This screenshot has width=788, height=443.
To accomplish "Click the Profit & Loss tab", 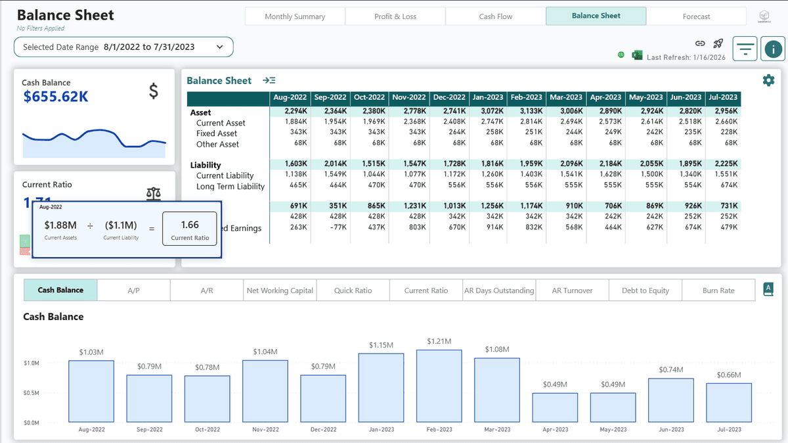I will [x=395, y=16].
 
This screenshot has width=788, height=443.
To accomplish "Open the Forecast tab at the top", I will [x=695, y=16].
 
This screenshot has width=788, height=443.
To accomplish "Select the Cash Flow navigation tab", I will [x=495, y=16].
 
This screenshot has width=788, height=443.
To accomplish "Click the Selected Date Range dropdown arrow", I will [x=220, y=47].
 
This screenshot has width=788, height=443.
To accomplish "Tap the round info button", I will [x=773, y=49].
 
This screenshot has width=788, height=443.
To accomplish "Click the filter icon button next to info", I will [x=745, y=49].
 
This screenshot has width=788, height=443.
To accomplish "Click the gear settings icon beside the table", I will [x=768, y=80].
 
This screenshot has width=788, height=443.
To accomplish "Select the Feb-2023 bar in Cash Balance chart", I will [x=439, y=386].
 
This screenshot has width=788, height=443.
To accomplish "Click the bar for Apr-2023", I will [x=555, y=407].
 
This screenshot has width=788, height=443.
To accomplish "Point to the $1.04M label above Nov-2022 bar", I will [x=265, y=352].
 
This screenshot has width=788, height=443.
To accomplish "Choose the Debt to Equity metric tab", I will [x=645, y=290].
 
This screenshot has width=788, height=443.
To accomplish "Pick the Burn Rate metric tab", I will [x=718, y=290].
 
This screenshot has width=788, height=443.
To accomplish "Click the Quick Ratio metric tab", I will [x=353, y=290].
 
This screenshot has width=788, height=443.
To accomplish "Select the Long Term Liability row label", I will [x=230, y=187].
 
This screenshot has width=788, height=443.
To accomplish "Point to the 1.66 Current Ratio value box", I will [x=190, y=229].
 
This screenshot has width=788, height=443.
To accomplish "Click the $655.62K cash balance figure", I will [x=56, y=97].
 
